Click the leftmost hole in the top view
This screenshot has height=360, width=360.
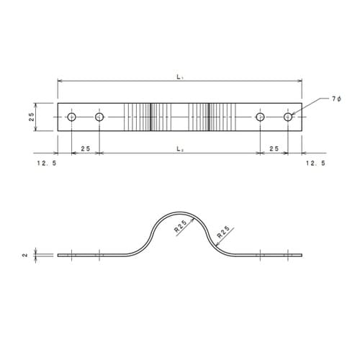(x=71, y=117)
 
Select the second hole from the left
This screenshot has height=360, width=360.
(x=99, y=117)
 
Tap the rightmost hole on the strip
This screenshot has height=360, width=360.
(x=288, y=117)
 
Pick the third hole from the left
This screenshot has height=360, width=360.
(x=260, y=117)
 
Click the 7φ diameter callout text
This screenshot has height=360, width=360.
(x=336, y=99)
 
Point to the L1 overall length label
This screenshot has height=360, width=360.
(x=180, y=77)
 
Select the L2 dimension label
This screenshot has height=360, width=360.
(x=180, y=149)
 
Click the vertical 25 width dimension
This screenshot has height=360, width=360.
(x=32, y=117)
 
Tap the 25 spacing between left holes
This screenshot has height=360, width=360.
(x=86, y=149)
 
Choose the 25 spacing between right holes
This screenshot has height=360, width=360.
(x=274, y=149)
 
